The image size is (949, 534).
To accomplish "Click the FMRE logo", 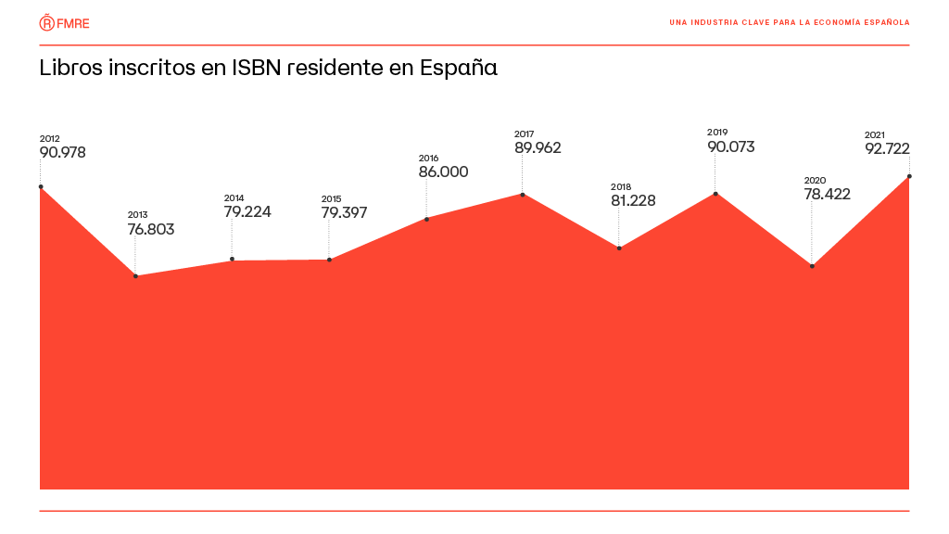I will tap(65, 22).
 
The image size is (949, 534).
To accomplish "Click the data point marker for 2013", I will tap(136, 276).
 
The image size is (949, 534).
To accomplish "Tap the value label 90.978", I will tap(62, 153).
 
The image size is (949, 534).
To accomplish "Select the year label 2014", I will tap(234, 197).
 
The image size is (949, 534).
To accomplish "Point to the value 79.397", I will tap(344, 212).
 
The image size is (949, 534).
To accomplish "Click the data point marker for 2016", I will tap(426, 219).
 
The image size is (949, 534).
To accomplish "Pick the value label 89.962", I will tap(538, 147).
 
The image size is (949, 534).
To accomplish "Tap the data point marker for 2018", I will tap(619, 248).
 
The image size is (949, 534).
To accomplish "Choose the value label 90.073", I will tap(730, 146).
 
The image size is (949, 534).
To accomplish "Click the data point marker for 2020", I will tap(812, 266).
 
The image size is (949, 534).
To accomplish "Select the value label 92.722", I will tap(887, 148).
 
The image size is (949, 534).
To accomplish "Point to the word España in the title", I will tap(459, 70).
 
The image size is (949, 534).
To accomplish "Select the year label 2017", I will tap(524, 133).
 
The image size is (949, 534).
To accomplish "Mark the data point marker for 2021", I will tap(909, 176).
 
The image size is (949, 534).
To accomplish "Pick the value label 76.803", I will tap(150, 229).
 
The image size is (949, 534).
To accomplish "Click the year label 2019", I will tap(716, 132).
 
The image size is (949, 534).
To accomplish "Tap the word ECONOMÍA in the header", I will tap(840, 22).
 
